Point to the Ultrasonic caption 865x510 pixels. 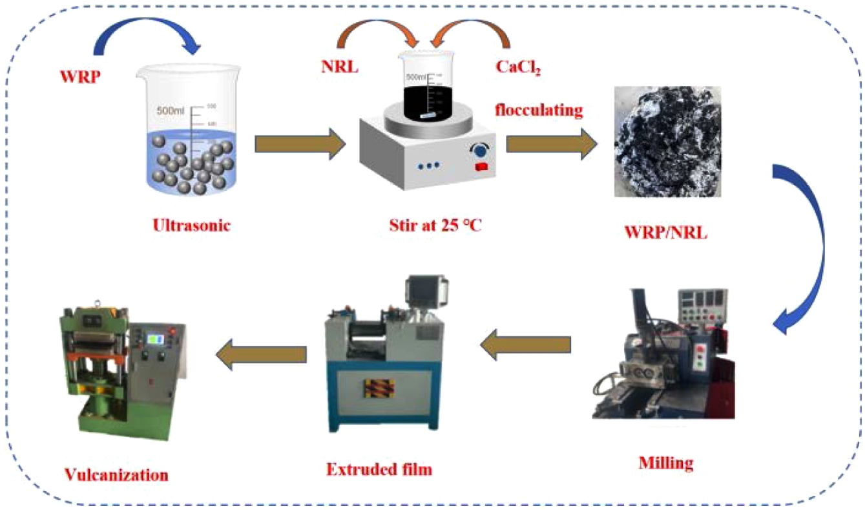click(x=191, y=227)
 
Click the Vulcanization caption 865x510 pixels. click(x=117, y=475)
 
